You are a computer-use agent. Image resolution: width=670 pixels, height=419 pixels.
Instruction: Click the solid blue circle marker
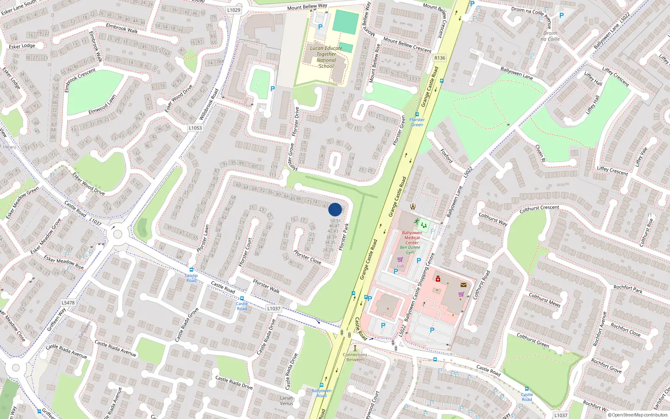(x=335, y=209)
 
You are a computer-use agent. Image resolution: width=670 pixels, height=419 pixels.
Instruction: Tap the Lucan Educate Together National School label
(x=326, y=57)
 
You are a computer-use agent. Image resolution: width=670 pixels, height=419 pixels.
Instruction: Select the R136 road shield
(x=440, y=58)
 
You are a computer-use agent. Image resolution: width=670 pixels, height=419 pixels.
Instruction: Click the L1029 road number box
(x=234, y=10)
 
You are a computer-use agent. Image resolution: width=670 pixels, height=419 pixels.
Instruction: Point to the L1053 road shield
(x=195, y=128)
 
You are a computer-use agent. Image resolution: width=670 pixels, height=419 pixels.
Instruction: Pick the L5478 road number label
(x=68, y=303)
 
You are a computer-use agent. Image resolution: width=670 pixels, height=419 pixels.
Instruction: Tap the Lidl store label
(x=400, y=266)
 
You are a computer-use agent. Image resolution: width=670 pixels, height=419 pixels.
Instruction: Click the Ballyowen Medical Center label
(x=412, y=238)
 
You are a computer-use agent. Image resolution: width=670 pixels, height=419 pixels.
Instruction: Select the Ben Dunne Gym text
(x=410, y=250)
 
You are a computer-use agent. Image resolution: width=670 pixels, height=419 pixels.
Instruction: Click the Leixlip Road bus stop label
(x=191, y=278)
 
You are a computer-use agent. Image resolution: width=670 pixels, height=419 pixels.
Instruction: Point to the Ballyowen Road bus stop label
(x=321, y=393)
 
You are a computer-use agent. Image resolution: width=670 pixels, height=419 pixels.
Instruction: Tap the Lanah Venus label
(x=286, y=401)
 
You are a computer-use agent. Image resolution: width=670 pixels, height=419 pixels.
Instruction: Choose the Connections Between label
(x=355, y=357)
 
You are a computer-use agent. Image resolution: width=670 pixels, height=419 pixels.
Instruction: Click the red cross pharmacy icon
(x=438, y=279)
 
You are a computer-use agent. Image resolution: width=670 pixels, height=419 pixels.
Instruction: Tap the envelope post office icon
(x=463, y=285)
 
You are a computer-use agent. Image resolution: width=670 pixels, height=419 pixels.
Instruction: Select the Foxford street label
(x=446, y=156)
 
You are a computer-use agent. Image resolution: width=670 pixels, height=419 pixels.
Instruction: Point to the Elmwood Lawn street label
(x=102, y=105)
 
